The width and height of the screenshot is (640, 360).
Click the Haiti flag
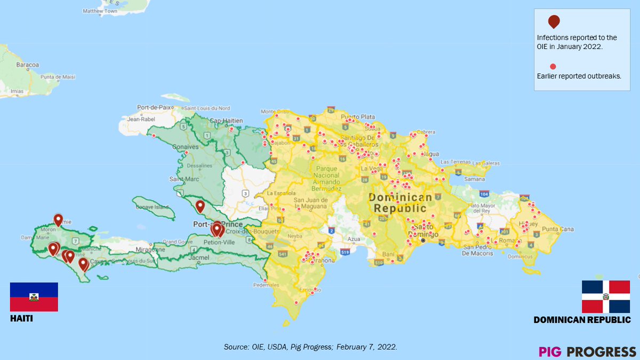coord(34,297)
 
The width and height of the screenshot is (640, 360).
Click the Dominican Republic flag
coord(606,297)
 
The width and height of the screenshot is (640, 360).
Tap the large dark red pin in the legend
coord(554,21)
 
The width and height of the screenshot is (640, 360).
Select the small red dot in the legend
coord(553,66)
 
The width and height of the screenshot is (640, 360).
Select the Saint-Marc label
coord(181,180)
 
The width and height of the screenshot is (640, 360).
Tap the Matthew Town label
coord(100,11)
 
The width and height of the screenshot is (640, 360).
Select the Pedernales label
coord(267,285)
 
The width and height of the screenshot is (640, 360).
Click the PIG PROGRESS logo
coord(587,351)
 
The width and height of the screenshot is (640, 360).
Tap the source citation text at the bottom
coord(310,347)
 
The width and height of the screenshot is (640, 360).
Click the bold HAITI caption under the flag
coord(21,318)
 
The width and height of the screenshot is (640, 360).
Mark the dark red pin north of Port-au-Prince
coord(200,206)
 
